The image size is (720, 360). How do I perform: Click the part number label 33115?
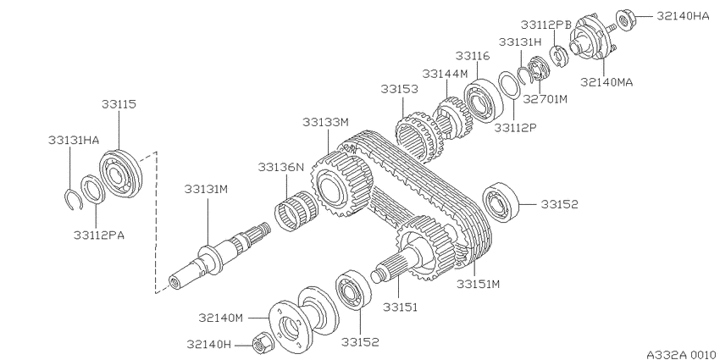[119, 104]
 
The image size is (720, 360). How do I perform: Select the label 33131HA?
[74, 140]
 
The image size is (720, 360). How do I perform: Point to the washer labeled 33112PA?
[92, 189]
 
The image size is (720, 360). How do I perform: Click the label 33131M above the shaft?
[206, 189]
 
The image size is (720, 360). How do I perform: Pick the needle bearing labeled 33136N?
[296, 210]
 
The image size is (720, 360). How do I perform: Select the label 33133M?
[325, 122]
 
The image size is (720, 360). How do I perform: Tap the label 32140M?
[220, 318]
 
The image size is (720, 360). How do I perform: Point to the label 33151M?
[478, 285]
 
